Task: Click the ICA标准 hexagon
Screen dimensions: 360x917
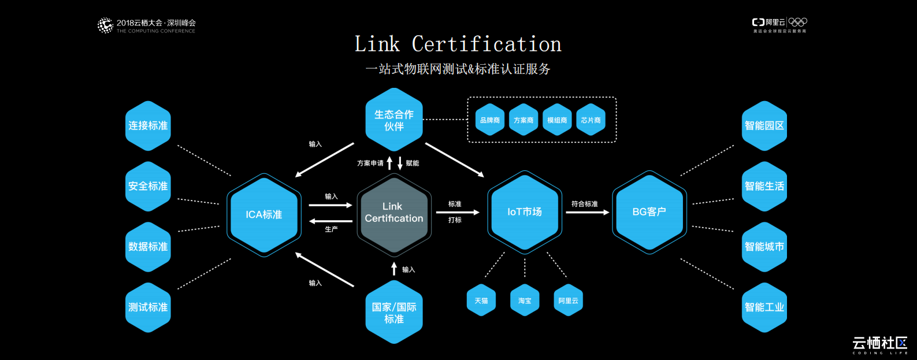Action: tap(264, 214)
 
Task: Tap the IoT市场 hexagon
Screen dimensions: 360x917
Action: tap(525, 212)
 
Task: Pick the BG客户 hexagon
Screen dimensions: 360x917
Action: tap(649, 212)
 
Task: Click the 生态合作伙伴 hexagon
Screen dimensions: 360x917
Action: tap(394, 120)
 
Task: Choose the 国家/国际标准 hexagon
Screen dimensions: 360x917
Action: tap(394, 313)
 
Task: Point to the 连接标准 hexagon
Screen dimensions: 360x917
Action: tap(148, 125)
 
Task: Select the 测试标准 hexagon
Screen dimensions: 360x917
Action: tap(148, 307)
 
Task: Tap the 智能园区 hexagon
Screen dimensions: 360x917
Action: tap(764, 125)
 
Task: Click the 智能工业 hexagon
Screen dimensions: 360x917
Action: tap(764, 307)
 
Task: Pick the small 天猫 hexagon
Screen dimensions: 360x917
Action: tap(481, 300)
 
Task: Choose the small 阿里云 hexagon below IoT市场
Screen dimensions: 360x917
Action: tap(568, 300)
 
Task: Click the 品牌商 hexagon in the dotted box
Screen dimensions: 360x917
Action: tap(490, 120)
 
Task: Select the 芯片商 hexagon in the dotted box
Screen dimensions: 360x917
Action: tap(591, 120)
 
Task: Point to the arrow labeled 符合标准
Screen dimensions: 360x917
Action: tap(587, 213)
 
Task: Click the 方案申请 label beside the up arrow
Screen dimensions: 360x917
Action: tap(370, 164)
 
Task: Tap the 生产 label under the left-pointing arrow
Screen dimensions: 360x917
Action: tap(331, 229)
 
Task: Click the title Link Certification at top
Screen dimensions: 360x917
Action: tap(458, 44)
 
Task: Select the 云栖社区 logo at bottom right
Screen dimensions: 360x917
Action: tap(879, 344)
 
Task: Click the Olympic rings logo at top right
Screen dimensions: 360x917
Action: tap(798, 22)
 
